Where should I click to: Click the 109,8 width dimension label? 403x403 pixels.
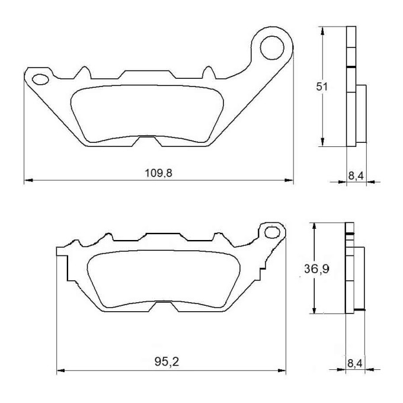coord(159,173)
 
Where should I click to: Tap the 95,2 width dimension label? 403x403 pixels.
coord(167,362)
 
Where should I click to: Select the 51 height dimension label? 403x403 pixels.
coord(322,87)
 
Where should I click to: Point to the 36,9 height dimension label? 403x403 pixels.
coord(316,269)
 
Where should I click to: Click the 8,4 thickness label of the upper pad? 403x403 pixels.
coord(356,176)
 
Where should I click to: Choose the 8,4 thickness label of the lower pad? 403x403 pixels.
coord(355,364)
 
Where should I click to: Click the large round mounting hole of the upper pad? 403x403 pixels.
coord(272,48)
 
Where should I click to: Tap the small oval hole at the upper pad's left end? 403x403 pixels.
coord(40,79)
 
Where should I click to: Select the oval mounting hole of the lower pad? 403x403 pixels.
coord(272,232)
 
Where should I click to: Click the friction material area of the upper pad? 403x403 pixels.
coord(147,113)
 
